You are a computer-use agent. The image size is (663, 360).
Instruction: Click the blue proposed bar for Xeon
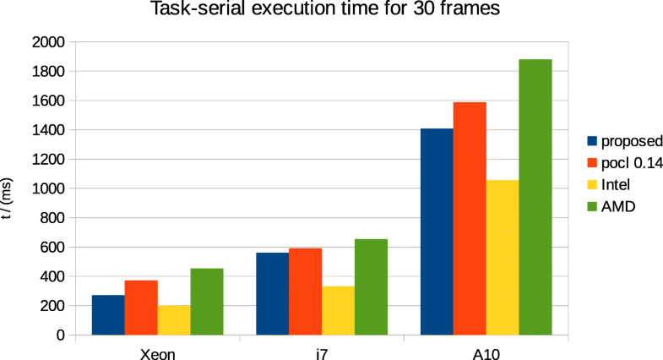[108, 314]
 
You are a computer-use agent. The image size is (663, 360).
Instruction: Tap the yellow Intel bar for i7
[338, 310]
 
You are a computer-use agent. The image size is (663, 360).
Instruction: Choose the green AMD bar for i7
[371, 286]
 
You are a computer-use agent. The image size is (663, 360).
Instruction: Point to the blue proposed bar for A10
[437, 232]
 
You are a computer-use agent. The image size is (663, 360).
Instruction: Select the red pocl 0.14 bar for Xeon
[141, 308]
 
